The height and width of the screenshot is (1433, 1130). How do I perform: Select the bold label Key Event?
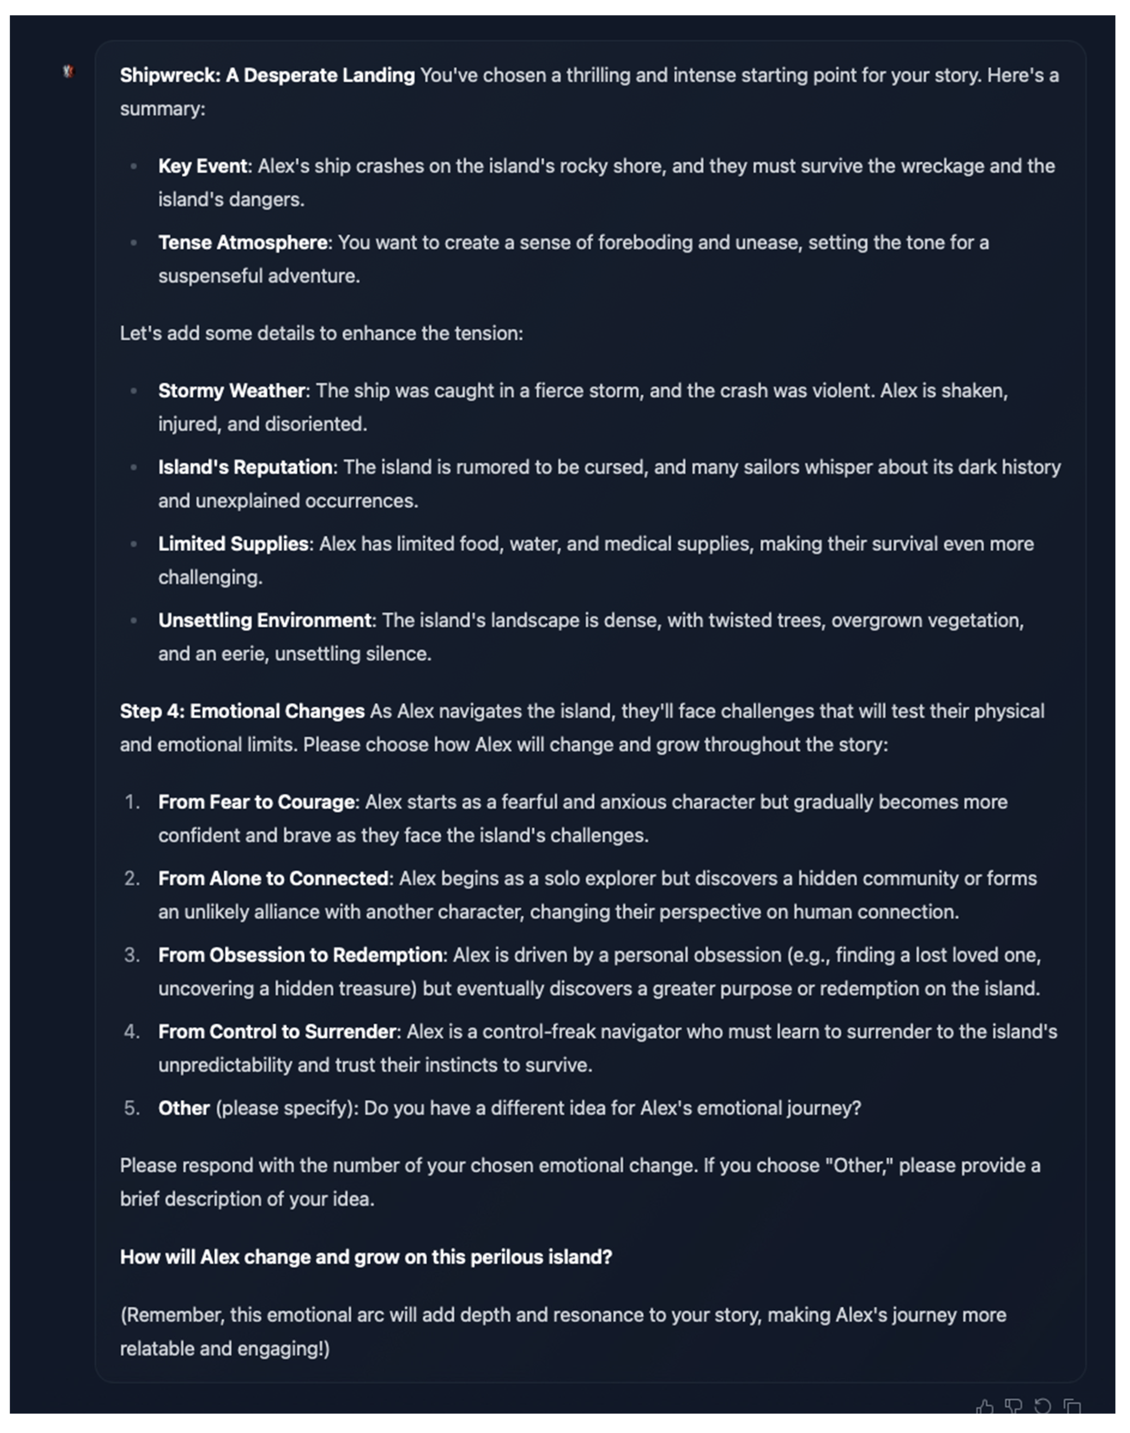coord(203,166)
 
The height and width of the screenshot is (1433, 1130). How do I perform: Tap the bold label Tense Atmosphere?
coord(242,243)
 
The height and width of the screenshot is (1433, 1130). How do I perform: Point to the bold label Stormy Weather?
coord(231,391)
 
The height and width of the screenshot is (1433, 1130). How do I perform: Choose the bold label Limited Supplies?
coord(233,544)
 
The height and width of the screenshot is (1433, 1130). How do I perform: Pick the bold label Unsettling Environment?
coord(264,621)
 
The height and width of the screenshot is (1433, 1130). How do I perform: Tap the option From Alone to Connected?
coord(273,879)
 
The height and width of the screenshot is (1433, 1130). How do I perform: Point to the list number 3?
coord(132,955)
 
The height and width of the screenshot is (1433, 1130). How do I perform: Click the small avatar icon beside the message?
coord(68,71)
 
